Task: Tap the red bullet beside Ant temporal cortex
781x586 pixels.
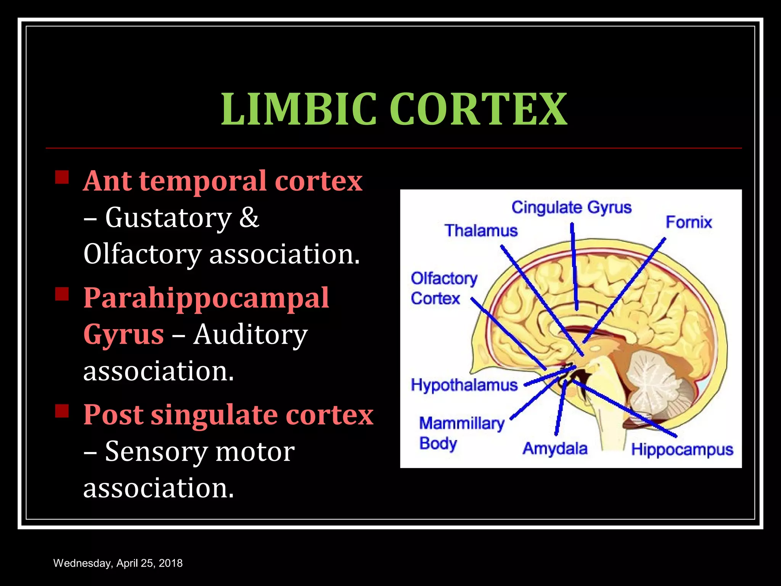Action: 62,177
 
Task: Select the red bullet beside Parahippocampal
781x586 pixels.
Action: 62,294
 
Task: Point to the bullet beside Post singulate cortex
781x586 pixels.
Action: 62,411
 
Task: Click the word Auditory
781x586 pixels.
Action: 250,335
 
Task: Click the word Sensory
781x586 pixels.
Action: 156,452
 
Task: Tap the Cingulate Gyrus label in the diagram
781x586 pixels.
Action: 571,208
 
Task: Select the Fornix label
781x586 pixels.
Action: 688,222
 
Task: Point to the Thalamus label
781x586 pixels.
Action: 481,231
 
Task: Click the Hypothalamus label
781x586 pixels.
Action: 464,385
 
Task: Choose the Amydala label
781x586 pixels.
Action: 555,449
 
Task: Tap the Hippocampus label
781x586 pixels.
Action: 682,449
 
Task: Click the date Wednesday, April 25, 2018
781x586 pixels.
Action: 118,563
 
